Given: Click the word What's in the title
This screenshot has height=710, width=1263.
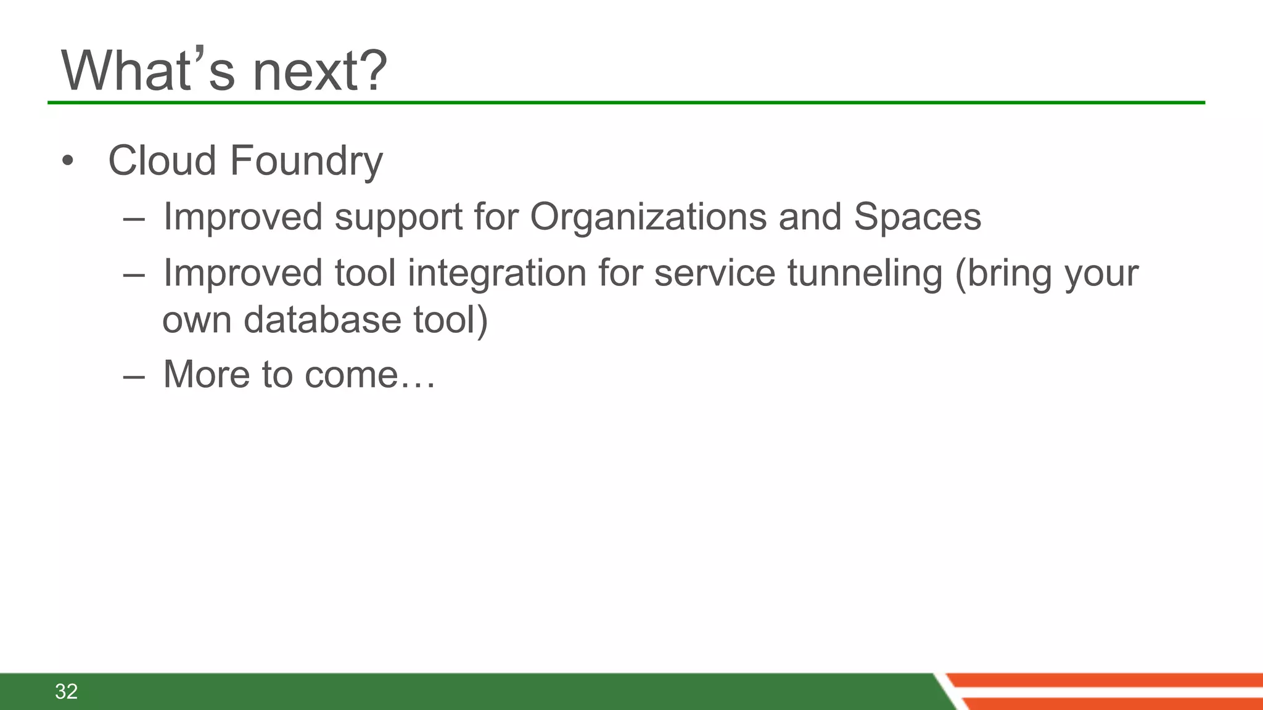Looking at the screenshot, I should tap(148, 71).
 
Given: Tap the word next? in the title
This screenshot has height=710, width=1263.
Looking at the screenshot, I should tap(320, 71).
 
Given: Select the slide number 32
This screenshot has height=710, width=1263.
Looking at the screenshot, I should tap(66, 692).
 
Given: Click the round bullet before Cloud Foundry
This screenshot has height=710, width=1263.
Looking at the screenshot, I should tap(68, 161).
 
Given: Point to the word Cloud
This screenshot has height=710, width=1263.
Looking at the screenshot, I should tap(162, 160).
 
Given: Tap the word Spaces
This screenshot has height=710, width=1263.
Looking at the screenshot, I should tap(917, 217).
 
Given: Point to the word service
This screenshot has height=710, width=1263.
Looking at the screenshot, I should tap(714, 274).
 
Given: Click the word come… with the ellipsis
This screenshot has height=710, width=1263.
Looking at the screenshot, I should tap(370, 375).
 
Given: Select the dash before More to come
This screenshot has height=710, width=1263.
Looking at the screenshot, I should tap(134, 376).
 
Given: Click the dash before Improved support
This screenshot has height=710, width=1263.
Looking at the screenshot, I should tap(134, 219).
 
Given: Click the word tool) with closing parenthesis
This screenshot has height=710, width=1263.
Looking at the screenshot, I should tap(450, 320).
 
